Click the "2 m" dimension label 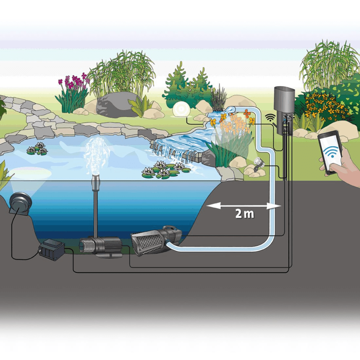coord(245,214)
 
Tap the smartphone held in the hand coord(330,152)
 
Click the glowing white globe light coord(180,109)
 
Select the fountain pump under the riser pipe coord(100,247)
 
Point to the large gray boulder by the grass coord(115,105)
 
